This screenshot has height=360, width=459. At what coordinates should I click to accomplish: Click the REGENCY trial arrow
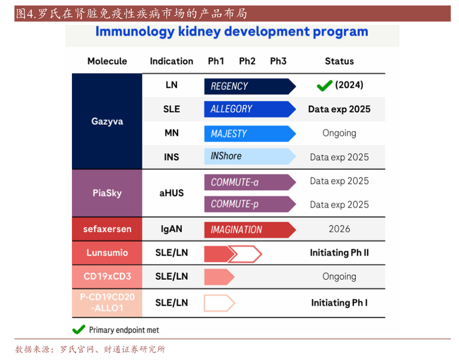click(x=249, y=86)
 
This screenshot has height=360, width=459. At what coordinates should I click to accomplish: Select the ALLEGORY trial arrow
click(x=249, y=109)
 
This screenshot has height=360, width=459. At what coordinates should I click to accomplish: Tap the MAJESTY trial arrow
click(x=249, y=133)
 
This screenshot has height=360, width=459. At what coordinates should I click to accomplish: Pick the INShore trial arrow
click(x=249, y=157)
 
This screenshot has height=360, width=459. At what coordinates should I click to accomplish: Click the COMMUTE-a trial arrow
click(x=249, y=182)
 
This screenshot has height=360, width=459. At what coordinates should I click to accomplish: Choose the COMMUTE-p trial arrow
click(x=249, y=205)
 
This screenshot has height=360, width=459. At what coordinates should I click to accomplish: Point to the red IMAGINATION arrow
click(x=249, y=229)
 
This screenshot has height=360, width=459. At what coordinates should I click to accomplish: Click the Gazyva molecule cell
click(x=107, y=121)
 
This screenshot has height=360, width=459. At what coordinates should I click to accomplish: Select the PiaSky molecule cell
click(x=107, y=193)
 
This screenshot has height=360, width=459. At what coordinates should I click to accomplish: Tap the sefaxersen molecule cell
click(x=107, y=229)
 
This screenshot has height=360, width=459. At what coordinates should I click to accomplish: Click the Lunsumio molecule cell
click(x=107, y=253)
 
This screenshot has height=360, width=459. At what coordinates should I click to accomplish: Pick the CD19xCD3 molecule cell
click(x=107, y=277)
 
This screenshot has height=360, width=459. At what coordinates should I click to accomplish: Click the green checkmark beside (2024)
click(x=324, y=86)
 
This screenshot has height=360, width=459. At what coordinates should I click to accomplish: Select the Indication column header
click(x=172, y=61)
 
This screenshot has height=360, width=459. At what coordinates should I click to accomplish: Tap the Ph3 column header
click(x=278, y=61)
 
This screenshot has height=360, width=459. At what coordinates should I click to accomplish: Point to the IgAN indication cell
click(x=172, y=229)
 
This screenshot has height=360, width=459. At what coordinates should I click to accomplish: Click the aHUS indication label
click(x=172, y=193)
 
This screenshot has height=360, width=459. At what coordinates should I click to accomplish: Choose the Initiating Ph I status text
click(x=339, y=303)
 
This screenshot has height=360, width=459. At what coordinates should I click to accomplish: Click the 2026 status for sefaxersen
click(x=339, y=229)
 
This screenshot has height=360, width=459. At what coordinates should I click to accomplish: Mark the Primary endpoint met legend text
click(x=124, y=330)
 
